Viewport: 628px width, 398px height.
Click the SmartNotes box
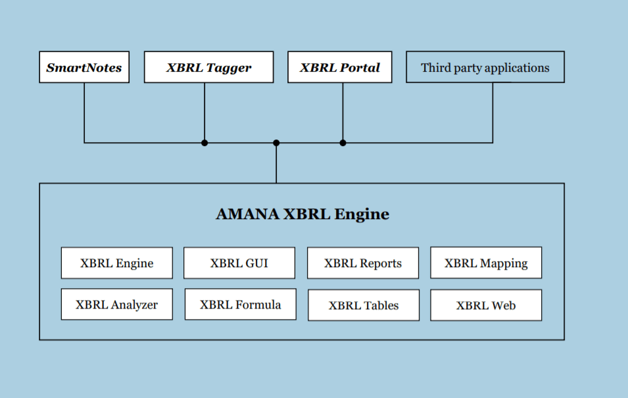84,67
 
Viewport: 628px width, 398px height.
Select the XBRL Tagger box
208,67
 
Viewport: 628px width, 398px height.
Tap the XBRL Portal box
339,67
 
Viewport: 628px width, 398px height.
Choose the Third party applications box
485,67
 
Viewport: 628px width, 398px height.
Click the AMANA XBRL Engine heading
302,214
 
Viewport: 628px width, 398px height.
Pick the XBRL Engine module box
117,263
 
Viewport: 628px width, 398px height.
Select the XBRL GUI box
239,263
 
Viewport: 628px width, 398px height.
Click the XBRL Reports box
363,263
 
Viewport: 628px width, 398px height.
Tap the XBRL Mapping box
486,262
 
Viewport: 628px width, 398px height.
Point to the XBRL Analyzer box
117,304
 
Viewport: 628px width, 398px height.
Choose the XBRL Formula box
240,304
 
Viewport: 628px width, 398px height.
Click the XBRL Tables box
364,305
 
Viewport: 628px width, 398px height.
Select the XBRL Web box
486,305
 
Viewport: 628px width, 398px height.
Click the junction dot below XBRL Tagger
205,143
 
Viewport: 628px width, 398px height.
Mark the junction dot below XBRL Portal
343,143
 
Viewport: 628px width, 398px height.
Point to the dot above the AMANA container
276,143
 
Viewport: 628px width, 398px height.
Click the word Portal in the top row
360,67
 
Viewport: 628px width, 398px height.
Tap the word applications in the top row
517,68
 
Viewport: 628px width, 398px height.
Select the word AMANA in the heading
247,214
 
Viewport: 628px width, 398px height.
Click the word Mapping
504,263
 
